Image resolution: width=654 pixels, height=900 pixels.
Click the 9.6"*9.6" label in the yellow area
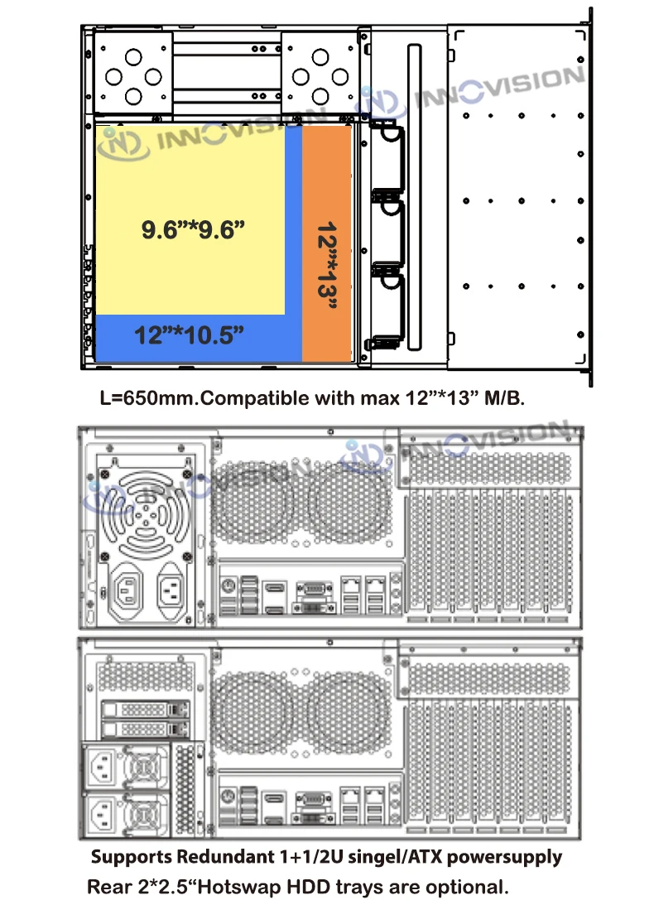click(x=193, y=229)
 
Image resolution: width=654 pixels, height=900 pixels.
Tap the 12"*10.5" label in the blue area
click(x=190, y=335)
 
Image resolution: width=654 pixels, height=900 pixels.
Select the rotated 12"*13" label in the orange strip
click(x=327, y=266)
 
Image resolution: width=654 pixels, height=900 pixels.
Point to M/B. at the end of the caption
click(x=504, y=397)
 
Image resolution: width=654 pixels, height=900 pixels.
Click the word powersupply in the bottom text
click(x=504, y=858)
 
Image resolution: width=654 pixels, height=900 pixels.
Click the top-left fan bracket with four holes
click(x=133, y=72)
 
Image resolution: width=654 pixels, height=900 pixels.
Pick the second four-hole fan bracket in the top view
click(x=320, y=72)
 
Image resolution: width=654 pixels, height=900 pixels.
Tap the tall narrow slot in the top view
click(x=414, y=197)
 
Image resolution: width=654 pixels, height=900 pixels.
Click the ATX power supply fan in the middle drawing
click(x=146, y=515)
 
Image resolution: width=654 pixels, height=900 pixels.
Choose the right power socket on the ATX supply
click(x=171, y=590)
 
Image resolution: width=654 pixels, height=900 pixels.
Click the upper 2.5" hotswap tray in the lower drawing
click(x=145, y=710)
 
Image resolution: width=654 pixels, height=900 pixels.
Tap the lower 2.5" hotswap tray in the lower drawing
click(x=145, y=729)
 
